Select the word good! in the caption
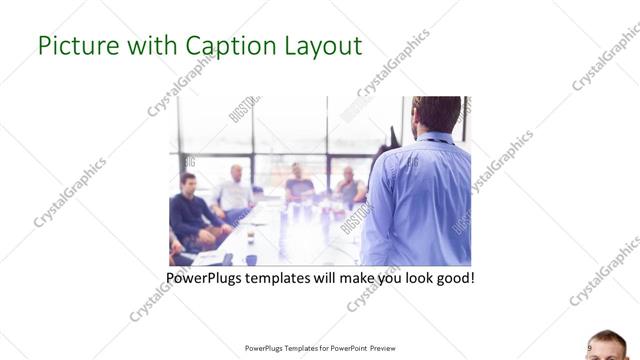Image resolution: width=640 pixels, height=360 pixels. (x=452, y=277)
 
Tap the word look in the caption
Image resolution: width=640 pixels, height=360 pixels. (x=410, y=277)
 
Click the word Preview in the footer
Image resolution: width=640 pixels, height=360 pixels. (x=389, y=349)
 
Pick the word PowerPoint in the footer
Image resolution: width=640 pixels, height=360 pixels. (x=345, y=349)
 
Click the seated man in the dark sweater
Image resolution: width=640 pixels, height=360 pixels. (x=190, y=210)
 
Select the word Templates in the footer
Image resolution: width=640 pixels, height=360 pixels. (x=292, y=349)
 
